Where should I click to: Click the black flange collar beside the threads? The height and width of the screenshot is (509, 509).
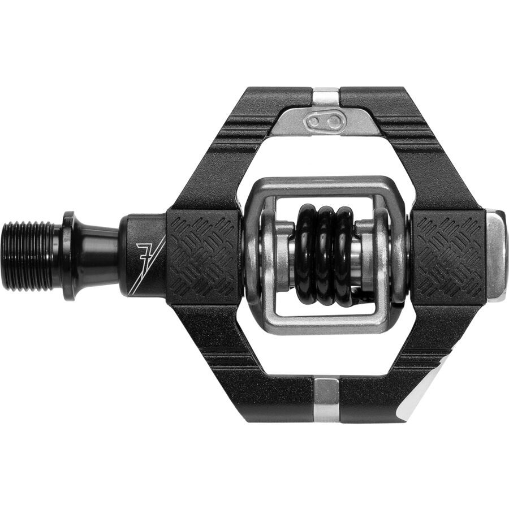click(x=69, y=256)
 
